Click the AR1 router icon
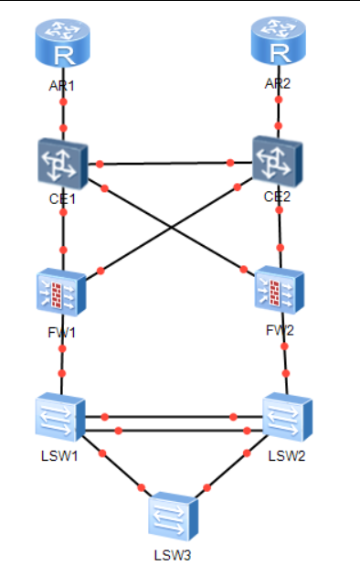pos(62,43)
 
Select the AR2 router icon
pos(278,41)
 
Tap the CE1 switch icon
pos(63,165)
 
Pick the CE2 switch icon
pos(278,162)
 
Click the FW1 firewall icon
pos(61,292)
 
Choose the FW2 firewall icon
pos(280,290)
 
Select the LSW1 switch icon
pos(60,417)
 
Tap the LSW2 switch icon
pos(287,417)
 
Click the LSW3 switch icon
pos(174,517)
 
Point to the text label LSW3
pos(173,555)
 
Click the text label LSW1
pos(59,456)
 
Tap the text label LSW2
pos(287,456)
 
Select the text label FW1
pos(61,333)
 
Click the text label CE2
pos(277,197)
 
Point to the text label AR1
pos(61,86)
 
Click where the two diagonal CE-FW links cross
pos(171,229)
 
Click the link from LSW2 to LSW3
pos(231,466)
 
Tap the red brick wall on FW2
pos(274,293)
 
